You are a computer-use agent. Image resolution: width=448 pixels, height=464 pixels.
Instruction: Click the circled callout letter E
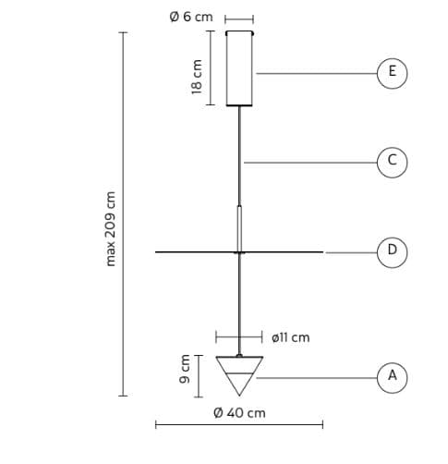[392, 73]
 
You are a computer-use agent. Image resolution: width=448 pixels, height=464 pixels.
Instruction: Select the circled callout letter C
[392, 163]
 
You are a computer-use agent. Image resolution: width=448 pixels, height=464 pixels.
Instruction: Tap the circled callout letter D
[392, 252]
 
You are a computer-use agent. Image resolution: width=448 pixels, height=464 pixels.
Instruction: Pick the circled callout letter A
[392, 378]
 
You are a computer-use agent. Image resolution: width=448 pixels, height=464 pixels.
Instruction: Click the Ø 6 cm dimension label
[191, 17]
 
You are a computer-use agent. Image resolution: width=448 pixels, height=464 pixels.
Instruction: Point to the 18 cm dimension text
[197, 77]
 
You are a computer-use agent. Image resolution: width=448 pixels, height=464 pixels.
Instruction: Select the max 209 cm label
[110, 229]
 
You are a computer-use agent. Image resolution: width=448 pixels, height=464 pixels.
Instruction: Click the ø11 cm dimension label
[290, 337]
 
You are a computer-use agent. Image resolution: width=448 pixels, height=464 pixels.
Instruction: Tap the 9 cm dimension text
[185, 369]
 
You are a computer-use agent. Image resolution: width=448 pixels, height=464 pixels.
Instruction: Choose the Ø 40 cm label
[239, 413]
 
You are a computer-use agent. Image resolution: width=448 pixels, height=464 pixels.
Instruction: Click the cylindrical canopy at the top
[239, 68]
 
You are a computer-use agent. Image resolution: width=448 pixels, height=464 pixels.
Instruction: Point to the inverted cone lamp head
[239, 375]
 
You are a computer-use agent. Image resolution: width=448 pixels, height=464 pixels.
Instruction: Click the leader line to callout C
[310, 163]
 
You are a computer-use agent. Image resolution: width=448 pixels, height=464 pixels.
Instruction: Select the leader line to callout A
[317, 378]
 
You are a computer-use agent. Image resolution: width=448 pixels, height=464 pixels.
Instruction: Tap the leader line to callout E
[317, 73]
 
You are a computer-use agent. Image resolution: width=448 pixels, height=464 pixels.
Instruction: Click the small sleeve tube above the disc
[239, 228]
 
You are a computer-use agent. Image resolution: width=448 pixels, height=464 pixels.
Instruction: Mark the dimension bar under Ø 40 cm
[239, 424]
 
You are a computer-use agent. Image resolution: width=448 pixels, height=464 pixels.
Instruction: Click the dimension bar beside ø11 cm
[239, 337]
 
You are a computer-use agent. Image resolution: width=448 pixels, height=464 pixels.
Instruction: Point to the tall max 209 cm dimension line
[123, 214]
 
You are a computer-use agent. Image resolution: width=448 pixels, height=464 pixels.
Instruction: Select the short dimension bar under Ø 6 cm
[239, 19]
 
